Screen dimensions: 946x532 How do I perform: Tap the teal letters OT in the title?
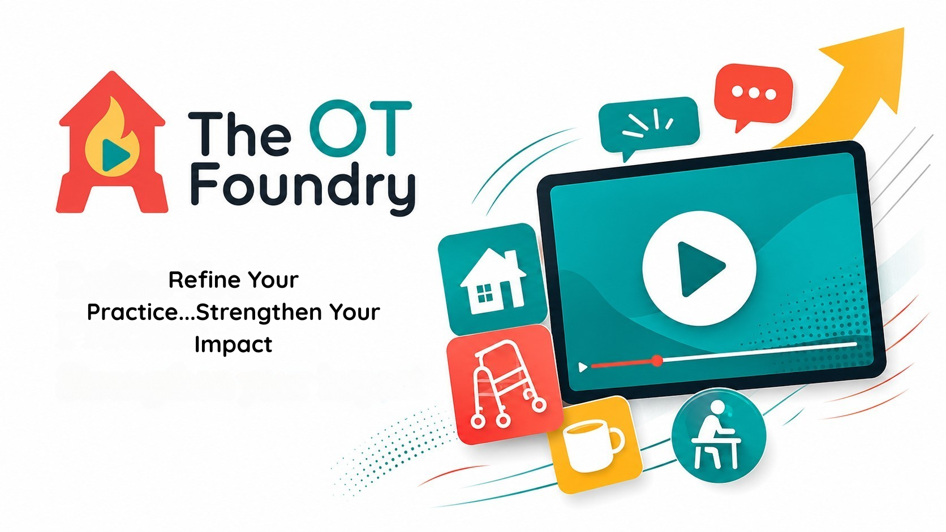[x=360, y=127]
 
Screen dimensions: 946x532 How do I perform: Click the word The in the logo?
[x=239, y=134]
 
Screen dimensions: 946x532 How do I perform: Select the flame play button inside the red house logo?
[x=113, y=138]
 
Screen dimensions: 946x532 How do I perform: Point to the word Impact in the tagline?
[x=233, y=345]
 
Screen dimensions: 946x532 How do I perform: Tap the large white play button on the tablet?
[x=699, y=269]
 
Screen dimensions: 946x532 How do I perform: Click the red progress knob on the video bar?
[x=657, y=361]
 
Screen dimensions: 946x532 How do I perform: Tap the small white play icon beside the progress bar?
[x=583, y=367]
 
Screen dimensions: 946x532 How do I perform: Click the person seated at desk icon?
[x=717, y=435]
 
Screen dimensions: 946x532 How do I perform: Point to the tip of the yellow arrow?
[x=904, y=28]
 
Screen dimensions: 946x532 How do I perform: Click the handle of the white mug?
[x=616, y=442]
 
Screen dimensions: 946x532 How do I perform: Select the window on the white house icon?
[x=484, y=293]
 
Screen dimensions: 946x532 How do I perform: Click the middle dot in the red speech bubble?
[x=754, y=93]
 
